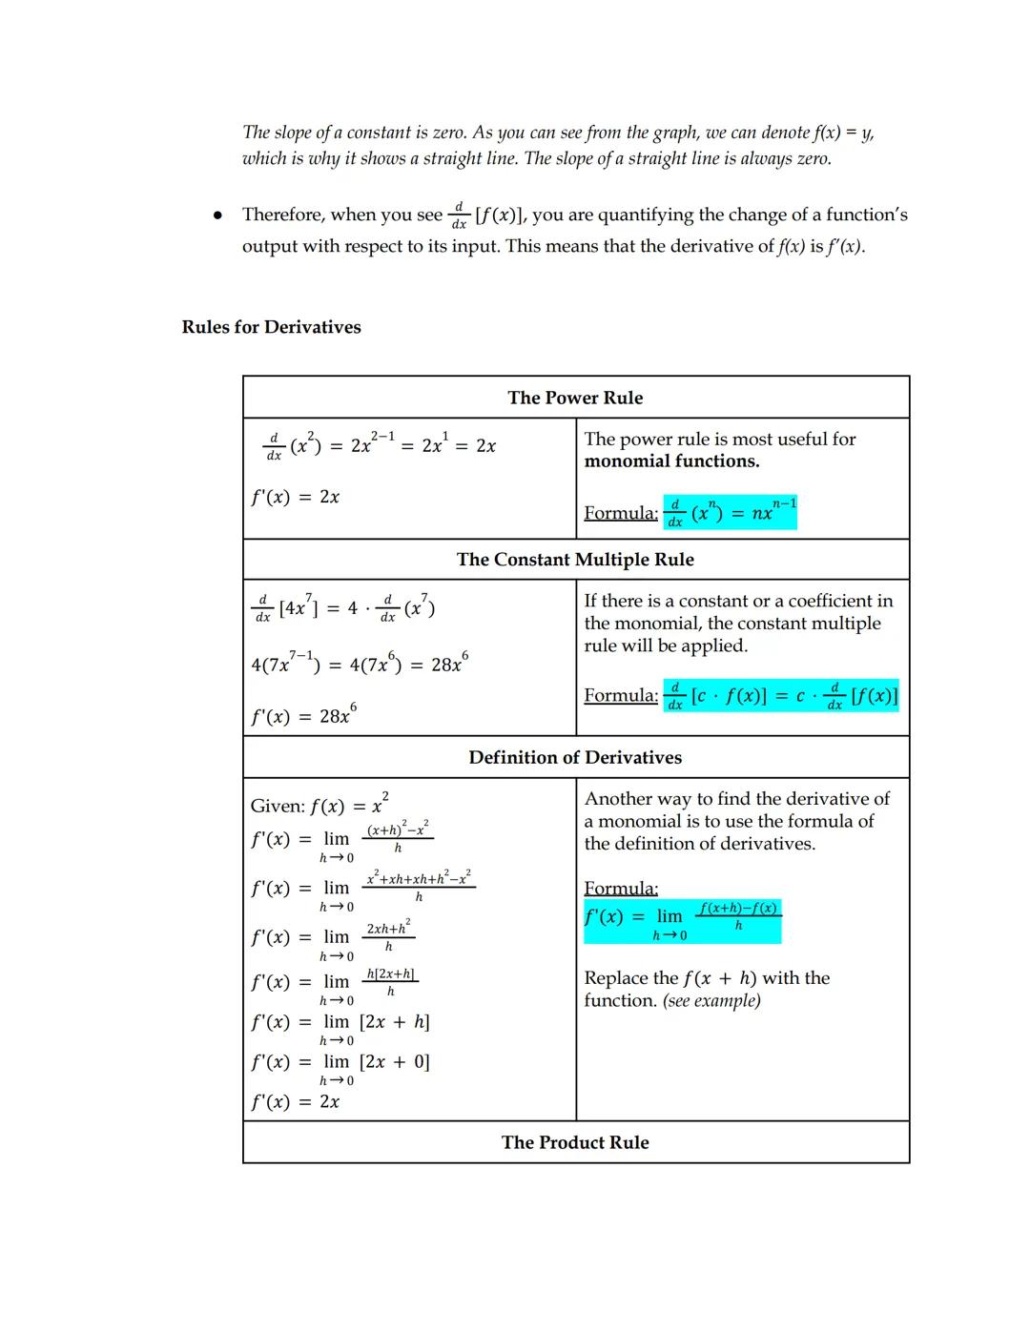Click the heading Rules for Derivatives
(271, 327)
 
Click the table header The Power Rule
(575, 398)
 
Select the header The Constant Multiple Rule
(575, 560)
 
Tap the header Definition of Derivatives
(575, 758)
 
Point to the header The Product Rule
(575, 1142)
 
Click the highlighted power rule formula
(731, 512)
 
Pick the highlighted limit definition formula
(682, 919)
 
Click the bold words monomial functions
(671, 461)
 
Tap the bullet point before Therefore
(217, 216)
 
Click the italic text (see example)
(711, 1001)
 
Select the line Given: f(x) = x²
(319, 805)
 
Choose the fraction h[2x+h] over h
(390, 982)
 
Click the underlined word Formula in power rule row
(621, 513)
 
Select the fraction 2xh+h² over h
(388, 936)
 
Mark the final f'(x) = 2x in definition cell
(295, 1102)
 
